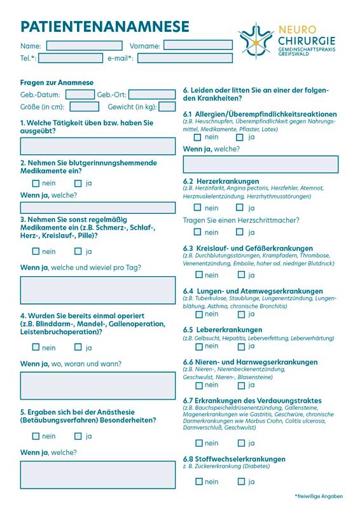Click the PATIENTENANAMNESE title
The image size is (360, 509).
click(x=105, y=26)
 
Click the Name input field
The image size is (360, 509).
click(x=84, y=46)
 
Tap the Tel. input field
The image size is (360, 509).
click(x=70, y=59)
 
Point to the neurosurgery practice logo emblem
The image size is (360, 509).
click(x=256, y=41)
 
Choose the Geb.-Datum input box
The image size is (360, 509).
click(x=80, y=95)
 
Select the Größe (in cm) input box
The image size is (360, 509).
click(x=84, y=107)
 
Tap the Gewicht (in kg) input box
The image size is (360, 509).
click(x=167, y=107)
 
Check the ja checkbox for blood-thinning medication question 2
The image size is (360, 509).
click(x=78, y=183)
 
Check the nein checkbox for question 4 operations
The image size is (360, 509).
click(x=36, y=347)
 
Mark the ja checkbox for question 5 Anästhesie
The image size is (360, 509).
click(x=78, y=436)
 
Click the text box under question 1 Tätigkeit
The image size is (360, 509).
click(x=97, y=146)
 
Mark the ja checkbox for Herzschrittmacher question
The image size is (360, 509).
click(x=240, y=232)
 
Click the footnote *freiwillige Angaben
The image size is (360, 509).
click(x=318, y=496)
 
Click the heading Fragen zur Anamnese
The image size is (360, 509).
click(x=57, y=83)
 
